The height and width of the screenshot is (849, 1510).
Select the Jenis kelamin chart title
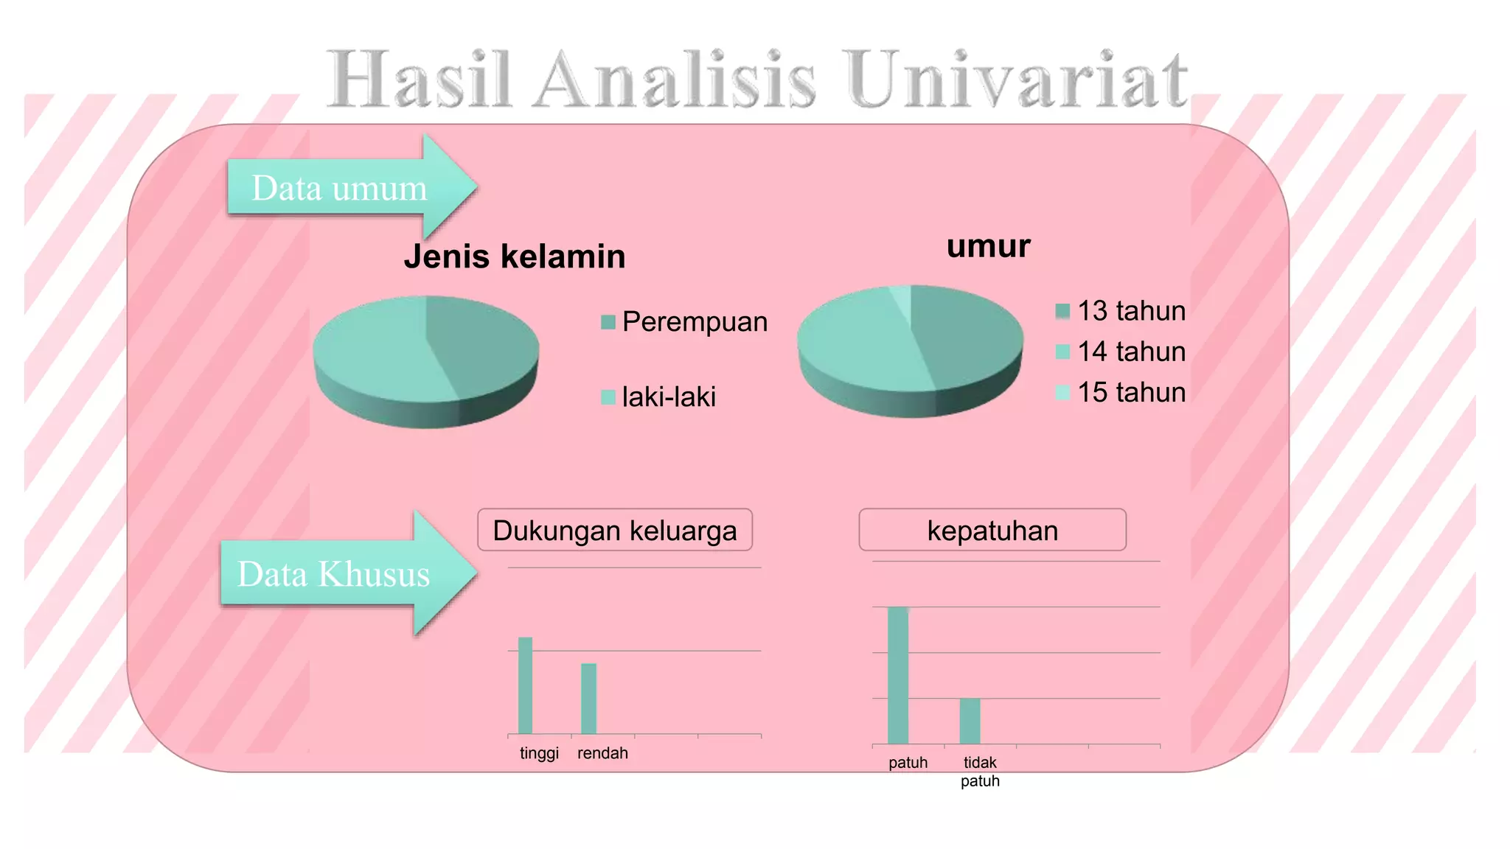[x=515, y=256]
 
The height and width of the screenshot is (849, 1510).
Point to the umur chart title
[x=988, y=245]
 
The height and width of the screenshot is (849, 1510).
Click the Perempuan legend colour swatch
[x=608, y=322]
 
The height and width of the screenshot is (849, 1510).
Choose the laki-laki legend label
[x=669, y=396]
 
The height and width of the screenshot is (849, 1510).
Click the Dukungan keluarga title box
[x=615, y=530]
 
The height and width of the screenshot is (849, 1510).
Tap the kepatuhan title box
[x=992, y=530]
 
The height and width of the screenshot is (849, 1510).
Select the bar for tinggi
[x=525, y=685]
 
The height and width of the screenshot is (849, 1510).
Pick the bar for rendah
[x=588, y=699]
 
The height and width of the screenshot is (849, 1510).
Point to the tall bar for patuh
[x=898, y=675]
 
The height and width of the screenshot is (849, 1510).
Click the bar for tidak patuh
[x=970, y=721]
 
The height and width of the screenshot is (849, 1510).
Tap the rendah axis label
[x=602, y=753]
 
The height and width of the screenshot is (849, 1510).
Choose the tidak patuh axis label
[x=980, y=772]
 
